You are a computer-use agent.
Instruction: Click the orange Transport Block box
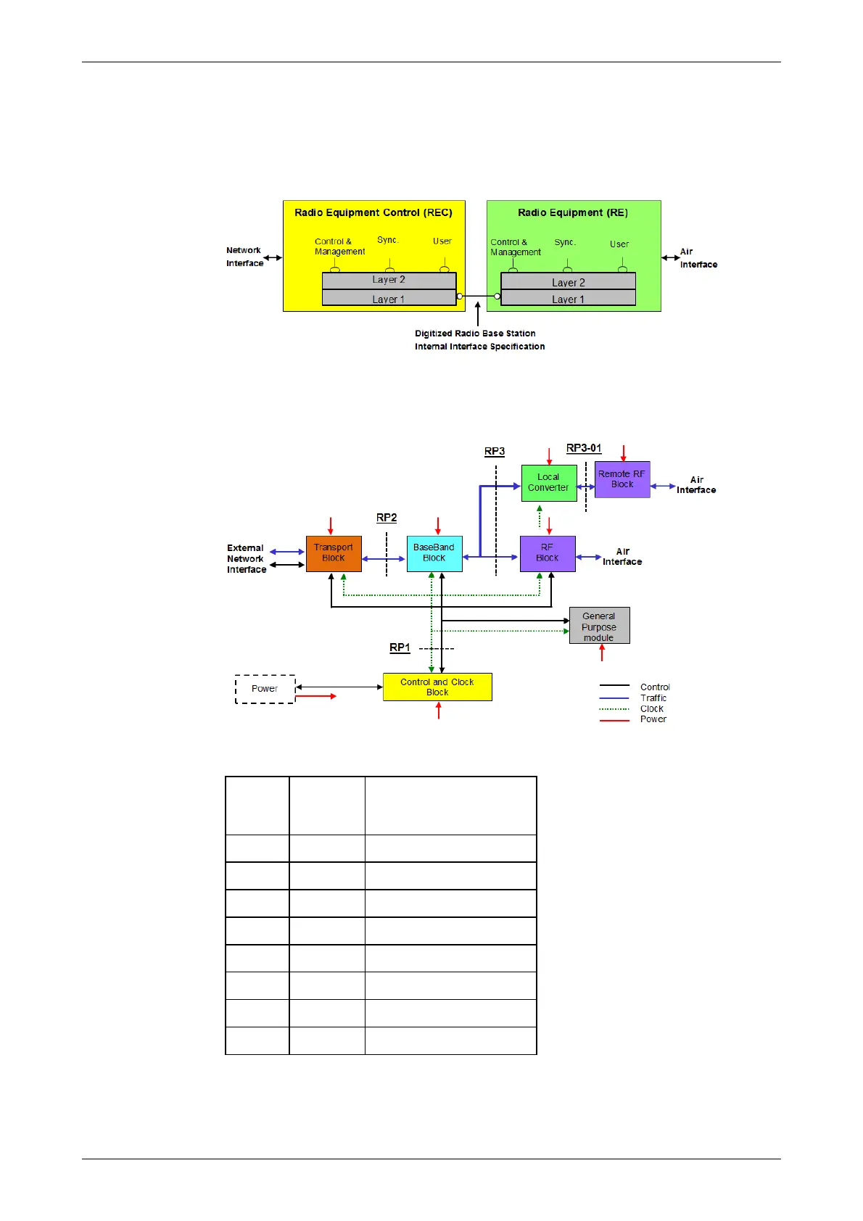(334, 553)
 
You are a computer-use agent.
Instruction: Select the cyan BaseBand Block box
(434, 553)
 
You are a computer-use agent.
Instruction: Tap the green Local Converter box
(549, 483)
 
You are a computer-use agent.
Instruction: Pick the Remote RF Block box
(622, 479)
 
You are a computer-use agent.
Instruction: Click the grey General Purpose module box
(599, 626)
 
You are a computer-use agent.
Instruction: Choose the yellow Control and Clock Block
(437, 687)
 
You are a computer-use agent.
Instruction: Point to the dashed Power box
(265, 689)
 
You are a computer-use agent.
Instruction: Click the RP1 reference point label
(400, 647)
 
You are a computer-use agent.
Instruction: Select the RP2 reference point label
(387, 518)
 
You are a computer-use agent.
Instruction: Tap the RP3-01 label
(584, 448)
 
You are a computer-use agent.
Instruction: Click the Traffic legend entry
(653, 698)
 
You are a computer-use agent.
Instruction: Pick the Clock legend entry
(651, 709)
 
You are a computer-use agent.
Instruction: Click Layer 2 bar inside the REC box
(389, 280)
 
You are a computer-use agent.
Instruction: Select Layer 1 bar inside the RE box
(568, 299)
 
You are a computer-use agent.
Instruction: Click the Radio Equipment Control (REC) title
(373, 212)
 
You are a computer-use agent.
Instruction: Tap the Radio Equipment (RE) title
(573, 212)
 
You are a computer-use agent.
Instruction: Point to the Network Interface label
(244, 257)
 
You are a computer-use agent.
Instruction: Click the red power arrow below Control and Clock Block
(439, 711)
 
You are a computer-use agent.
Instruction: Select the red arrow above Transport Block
(331, 526)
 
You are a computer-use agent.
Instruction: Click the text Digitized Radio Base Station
(475, 334)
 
